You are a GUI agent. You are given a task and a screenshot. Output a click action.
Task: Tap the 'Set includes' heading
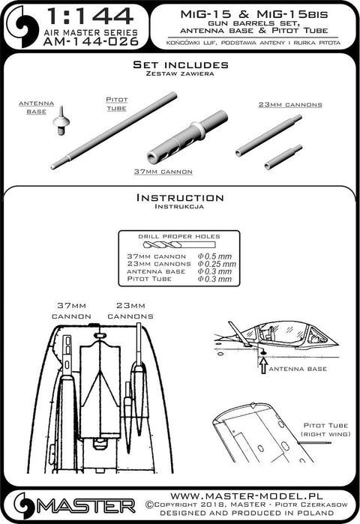(x=179, y=66)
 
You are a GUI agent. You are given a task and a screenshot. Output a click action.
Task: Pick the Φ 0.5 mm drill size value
(x=214, y=256)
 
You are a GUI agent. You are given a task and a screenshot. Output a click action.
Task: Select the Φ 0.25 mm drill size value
(x=217, y=264)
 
